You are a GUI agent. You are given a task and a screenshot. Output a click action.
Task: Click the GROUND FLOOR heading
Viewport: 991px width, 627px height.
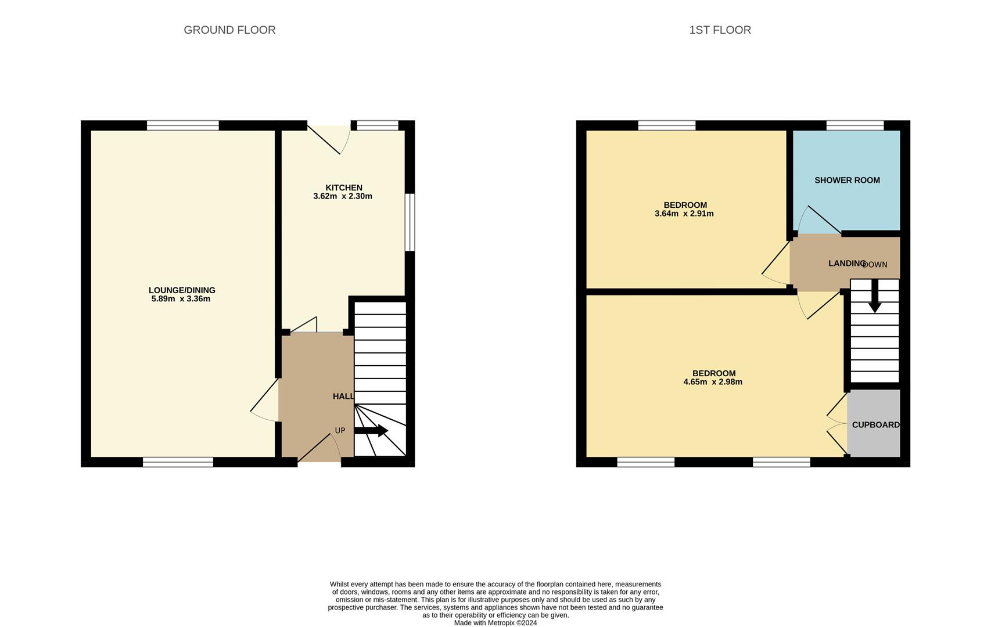click(x=229, y=30)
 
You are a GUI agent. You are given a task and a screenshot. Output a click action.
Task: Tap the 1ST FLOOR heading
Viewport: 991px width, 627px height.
click(x=720, y=30)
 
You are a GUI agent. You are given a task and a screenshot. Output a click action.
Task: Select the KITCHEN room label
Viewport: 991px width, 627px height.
click(x=343, y=188)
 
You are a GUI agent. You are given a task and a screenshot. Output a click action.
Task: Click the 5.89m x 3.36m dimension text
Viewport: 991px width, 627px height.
click(x=181, y=299)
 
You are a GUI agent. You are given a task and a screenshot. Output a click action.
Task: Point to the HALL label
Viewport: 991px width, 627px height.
click(x=343, y=396)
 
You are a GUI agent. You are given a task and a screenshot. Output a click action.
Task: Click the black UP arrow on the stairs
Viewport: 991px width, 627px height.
click(x=372, y=431)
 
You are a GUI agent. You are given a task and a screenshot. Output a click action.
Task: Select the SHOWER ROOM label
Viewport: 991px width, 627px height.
click(x=847, y=180)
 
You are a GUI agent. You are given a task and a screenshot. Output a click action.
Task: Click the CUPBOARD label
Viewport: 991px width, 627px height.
click(x=875, y=425)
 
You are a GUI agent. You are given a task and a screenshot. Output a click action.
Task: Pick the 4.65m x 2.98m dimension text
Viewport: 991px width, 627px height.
click(x=713, y=382)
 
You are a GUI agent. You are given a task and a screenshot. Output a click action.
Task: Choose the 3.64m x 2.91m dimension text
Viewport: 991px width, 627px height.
click(x=684, y=214)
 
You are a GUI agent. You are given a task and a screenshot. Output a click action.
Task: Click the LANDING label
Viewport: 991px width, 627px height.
click(x=846, y=264)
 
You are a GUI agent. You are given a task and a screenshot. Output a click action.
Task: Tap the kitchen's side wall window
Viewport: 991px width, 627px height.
click(x=410, y=222)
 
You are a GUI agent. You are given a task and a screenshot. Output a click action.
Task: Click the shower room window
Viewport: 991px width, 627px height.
click(x=854, y=125)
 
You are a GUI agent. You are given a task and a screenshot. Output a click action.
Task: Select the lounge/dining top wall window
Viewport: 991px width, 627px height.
click(x=182, y=125)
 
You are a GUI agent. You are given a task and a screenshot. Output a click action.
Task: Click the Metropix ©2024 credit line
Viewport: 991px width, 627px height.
click(x=495, y=623)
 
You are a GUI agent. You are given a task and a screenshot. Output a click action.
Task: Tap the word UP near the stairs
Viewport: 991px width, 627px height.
click(x=340, y=430)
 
